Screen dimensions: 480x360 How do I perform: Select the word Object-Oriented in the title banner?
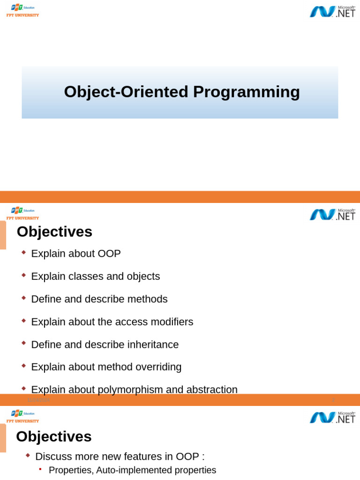click(127, 92)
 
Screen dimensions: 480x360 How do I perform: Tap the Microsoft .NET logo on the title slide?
click(332, 11)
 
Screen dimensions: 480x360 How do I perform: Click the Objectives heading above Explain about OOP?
click(54, 232)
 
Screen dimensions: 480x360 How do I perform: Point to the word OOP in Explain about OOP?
click(109, 254)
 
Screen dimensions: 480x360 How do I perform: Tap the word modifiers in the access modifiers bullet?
click(170, 322)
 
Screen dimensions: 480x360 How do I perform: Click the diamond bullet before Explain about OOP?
click(24, 253)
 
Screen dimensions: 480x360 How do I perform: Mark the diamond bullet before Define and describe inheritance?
click(24, 344)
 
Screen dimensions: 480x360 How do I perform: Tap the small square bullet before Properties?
click(40, 469)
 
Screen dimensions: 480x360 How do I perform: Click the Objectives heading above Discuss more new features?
click(54, 436)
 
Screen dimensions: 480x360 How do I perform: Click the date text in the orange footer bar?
click(39, 400)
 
